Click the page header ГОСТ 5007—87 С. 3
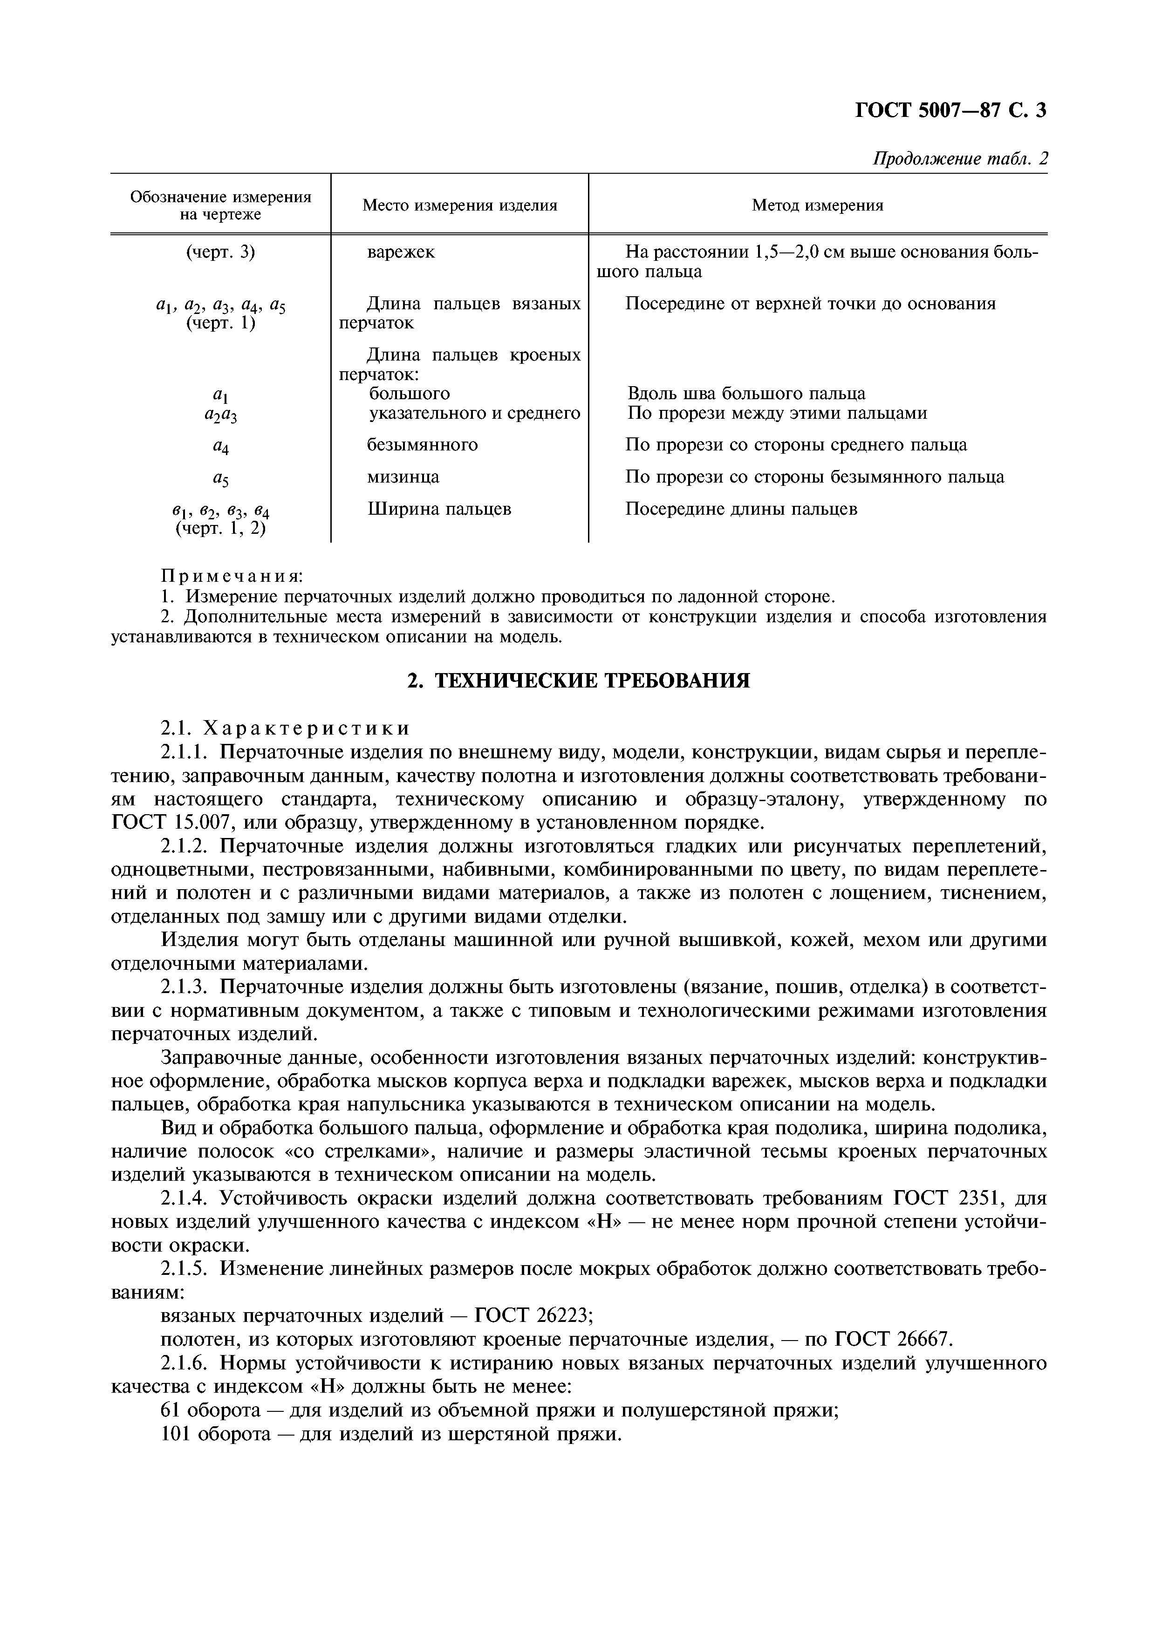pos(950,110)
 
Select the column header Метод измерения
pos(818,206)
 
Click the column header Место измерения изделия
pos(460,206)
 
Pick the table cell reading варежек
pos(401,252)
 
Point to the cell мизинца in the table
pos(403,477)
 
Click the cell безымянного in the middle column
pos(422,445)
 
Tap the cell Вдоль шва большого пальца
pos(746,394)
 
